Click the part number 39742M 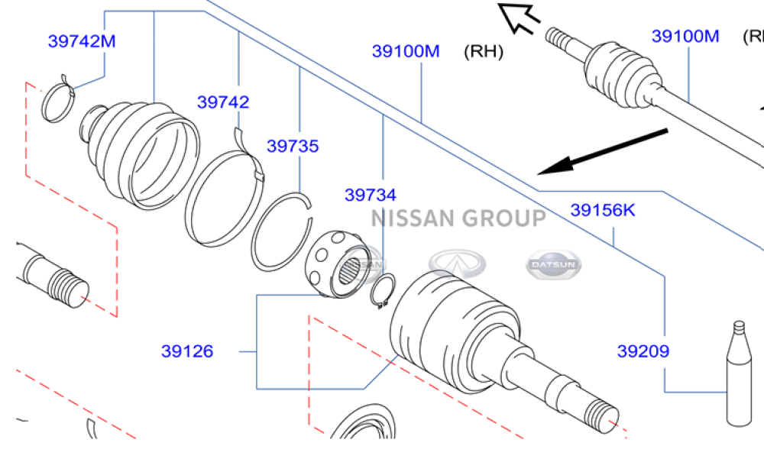point(82,41)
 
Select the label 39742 point(223,102)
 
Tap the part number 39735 point(293,146)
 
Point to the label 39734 point(371,196)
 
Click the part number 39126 point(187,352)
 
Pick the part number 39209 point(643,352)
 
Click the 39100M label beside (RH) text point(406,52)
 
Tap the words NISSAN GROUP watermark point(458,219)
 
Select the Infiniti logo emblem point(457,264)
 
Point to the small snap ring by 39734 point(381,293)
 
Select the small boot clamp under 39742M point(58,102)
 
